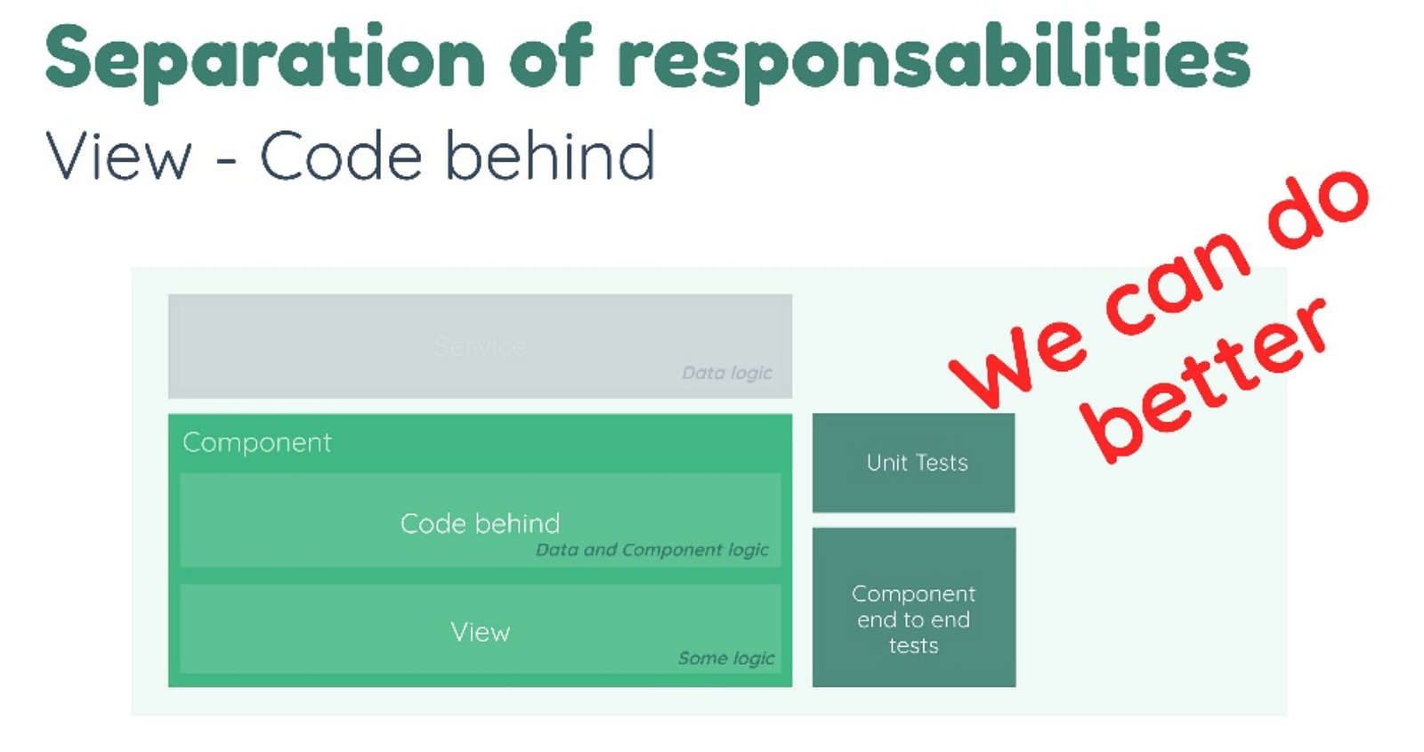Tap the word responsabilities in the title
(934, 61)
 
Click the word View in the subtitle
(118, 157)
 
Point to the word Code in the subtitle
(341, 157)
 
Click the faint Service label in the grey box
(481, 346)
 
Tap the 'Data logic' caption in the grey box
(726, 373)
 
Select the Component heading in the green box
(256, 442)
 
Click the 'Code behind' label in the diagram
(480, 523)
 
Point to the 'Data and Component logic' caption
(651, 550)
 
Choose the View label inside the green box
(480, 632)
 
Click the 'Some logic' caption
(725, 659)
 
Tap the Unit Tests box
(914, 463)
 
